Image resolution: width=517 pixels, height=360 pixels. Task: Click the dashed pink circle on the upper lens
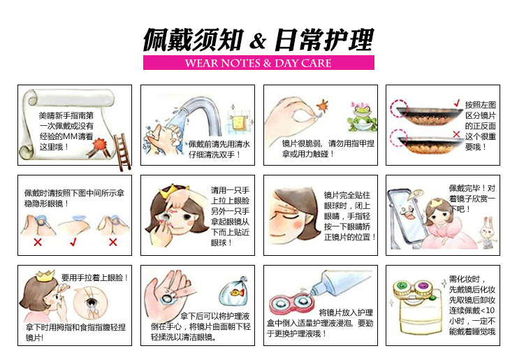coord(399,108)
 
